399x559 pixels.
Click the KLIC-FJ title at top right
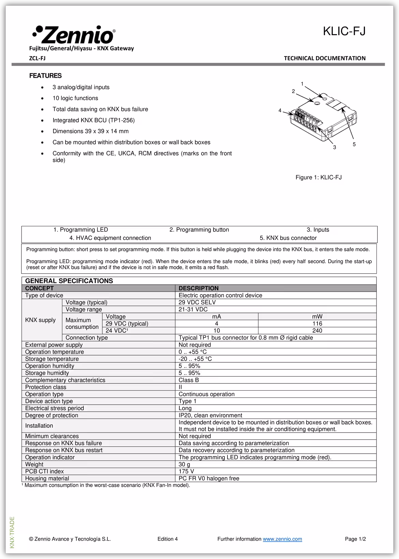[344, 31]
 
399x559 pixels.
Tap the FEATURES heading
[45, 76]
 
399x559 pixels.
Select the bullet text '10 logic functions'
[75, 98]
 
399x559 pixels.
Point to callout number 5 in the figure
[354, 145]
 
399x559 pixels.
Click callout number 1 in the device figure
[302, 84]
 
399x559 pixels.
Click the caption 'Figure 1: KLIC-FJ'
[318, 177]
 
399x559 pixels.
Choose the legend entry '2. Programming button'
[199, 230]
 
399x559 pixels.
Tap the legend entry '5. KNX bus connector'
[288, 238]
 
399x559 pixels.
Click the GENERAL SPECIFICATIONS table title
[69, 281]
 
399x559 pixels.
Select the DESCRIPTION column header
[198, 288]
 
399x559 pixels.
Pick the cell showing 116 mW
[317, 323]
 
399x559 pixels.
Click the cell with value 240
[317, 331]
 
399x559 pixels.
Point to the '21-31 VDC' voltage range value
[193, 309]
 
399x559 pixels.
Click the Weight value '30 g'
[184, 464]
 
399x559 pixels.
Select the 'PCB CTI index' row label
[44, 471]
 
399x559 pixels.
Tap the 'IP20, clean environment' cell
[210, 415]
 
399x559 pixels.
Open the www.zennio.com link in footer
[282, 539]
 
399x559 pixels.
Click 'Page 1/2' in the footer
[355, 539]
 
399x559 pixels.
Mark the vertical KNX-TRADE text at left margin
[12, 532]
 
